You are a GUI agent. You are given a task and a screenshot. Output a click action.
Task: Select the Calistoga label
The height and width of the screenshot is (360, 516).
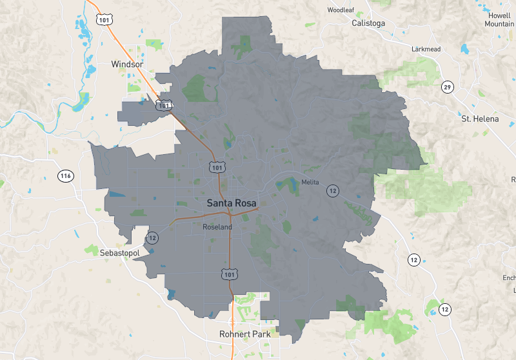point(368,23)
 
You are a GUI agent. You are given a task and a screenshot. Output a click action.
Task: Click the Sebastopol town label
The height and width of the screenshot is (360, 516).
point(119,253)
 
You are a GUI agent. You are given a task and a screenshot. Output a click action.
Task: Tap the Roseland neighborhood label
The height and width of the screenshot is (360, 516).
point(217,227)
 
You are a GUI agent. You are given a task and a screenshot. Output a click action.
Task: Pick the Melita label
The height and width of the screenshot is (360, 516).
point(310,183)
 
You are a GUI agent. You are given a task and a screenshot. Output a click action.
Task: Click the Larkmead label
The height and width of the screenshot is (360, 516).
point(426,49)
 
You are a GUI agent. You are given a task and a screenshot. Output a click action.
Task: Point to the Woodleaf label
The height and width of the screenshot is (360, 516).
point(341,10)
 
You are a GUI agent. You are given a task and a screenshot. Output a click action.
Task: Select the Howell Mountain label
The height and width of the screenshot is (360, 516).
point(500,19)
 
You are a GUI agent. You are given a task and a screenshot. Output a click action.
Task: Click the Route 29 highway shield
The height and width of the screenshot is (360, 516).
point(446,87)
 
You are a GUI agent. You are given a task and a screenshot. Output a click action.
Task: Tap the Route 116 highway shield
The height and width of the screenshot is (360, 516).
point(65,176)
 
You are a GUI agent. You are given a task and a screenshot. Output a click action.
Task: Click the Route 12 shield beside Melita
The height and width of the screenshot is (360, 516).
point(332,190)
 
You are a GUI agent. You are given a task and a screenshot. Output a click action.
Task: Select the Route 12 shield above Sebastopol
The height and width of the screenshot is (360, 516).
point(152,237)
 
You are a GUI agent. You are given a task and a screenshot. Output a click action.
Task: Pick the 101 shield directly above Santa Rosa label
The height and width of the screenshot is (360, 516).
point(216,167)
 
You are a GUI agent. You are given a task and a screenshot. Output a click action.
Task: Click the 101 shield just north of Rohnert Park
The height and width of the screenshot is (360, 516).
point(229,274)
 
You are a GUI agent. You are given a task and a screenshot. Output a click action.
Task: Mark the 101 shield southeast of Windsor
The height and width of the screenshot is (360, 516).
point(166,105)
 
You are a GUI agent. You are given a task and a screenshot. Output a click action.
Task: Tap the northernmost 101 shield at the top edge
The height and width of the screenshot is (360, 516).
point(104,20)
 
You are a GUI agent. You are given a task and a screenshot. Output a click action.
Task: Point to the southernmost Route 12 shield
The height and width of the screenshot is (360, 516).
point(444,310)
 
